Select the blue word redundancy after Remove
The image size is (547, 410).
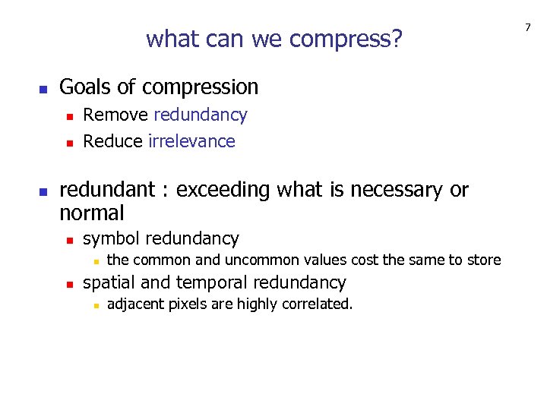[x=201, y=115]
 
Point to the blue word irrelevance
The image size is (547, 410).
[x=192, y=141]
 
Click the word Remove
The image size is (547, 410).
[x=115, y=115]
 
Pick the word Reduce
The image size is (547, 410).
[x=113, y=141]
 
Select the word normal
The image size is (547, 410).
[x=91, y=212]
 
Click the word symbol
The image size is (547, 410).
[x=112, y=239]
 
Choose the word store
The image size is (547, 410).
[x=484, y=260]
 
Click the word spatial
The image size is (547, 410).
[x=109, y=283]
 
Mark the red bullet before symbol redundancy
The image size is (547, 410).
[x=69, y=240]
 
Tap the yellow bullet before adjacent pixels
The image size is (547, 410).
[x=93, y=306]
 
